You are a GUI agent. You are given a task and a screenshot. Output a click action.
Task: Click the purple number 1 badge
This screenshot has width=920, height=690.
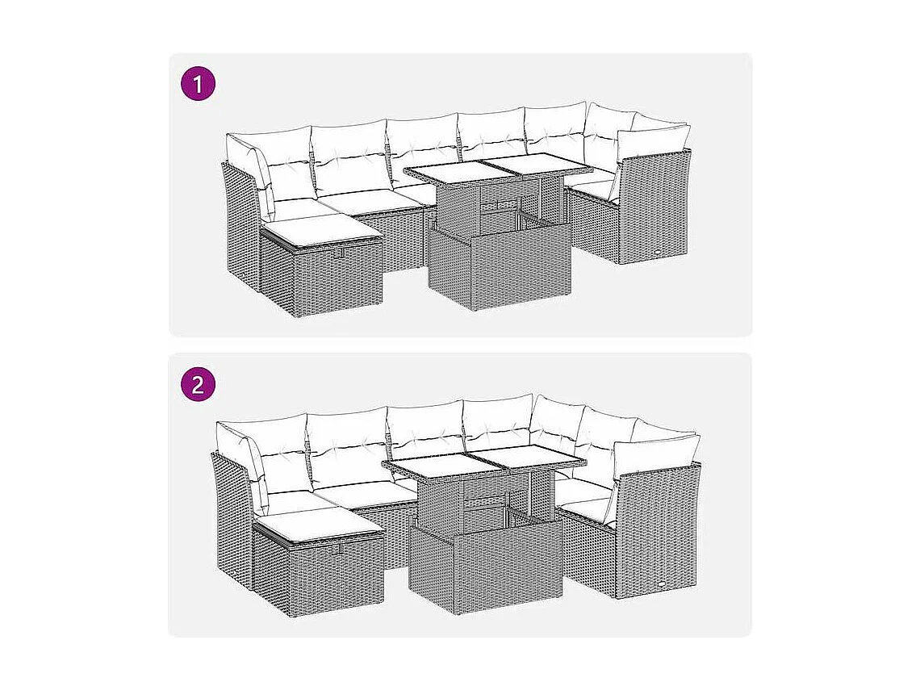coord(199,84)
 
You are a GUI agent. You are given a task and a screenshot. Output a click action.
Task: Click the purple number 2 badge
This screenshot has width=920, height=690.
coord(199,384)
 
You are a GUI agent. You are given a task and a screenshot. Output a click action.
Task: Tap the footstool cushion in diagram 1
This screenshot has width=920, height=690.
coord(321,232)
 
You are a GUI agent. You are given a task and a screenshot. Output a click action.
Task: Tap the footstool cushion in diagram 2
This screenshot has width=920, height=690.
coord(316,526)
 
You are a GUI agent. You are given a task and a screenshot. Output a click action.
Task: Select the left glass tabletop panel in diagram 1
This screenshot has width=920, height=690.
coord(447,171)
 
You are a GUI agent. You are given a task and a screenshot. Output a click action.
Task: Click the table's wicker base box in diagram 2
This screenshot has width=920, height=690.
coord(484,565)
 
